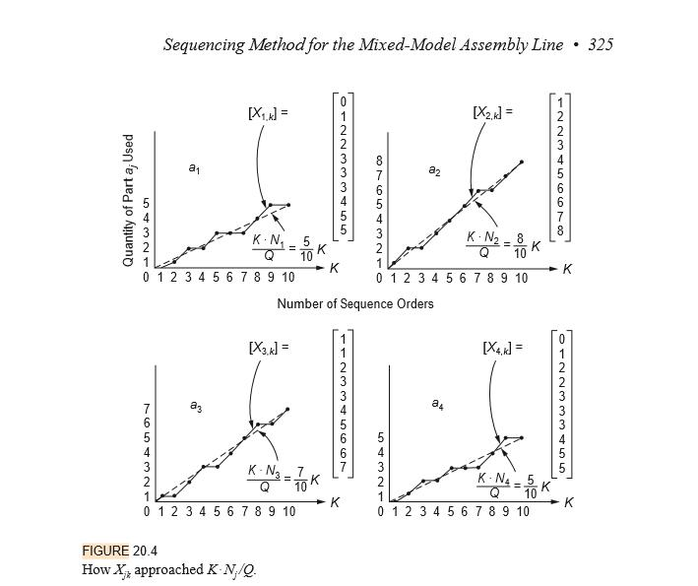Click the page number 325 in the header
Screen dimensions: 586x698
pyautogui.click(x=601, y=44)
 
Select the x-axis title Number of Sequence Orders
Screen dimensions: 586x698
pyautogui.click(x=354, y=303)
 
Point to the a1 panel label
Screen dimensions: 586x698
pyautogui.click(x=195, y=169)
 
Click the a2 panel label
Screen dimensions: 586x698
pyautogui.click(x=435, y=170)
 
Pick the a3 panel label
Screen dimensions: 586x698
pyautogui.click(x=196, y=405)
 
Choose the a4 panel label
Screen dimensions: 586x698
pyautogui.click(x=437, y=403)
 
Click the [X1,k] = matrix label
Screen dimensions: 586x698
pyautogui.click(x=268, y=113)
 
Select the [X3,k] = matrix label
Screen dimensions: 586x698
pyautogui.click(x=268, y=347)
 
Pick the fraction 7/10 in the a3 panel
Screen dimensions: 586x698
pyautogui.click(x=300, y=480)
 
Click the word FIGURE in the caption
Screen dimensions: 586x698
pyautogui.click(x=105, y=551)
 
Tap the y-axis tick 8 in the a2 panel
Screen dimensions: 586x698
pyautogui.click(x=380, y=159)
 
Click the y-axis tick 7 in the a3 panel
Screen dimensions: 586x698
pyautogui.click(x=147, y=408)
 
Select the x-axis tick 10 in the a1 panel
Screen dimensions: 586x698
pyautogui.click(x=287, y=278)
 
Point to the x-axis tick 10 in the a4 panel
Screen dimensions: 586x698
pyautogui.click(x=522, y=511)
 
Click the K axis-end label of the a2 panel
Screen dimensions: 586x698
pyautogui.click(x=568, y=269)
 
